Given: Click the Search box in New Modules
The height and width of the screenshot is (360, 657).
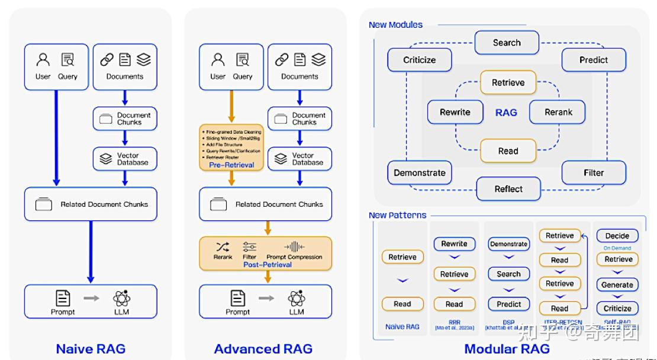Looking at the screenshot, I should tap(507, 43).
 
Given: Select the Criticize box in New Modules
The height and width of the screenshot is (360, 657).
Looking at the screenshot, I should tap(420, 60).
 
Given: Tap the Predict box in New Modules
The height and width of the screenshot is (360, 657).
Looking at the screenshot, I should tap(594, 60).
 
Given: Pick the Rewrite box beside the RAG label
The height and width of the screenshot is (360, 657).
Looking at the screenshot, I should tap(455, 112).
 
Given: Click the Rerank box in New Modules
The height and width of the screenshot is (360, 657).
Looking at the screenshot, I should tap(558, 112).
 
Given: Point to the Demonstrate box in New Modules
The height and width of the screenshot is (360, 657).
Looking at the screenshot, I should tap(420, 173).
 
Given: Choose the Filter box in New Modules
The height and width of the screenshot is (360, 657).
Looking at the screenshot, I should tap(594, 173).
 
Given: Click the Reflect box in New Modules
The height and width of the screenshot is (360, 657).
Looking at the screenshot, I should tap(508, 189).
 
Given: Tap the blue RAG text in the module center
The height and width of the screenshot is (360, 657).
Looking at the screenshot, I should tap(506, 112).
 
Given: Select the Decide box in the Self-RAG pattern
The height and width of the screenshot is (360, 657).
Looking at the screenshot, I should tap(617, 236).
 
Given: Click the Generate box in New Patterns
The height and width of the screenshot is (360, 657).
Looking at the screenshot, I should tap(617, 285).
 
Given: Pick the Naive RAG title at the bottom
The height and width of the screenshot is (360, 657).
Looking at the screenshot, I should tap(91, 349).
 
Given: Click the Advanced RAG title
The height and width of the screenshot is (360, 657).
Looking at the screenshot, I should tap(263, 349).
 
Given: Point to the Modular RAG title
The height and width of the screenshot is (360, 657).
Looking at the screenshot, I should tap(507, 349).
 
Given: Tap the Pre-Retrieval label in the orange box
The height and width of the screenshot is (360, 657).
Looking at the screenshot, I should tap(231, 165).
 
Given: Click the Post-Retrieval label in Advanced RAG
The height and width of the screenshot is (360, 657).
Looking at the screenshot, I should tap(268, 265).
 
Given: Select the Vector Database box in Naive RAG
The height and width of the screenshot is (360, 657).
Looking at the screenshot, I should tap(125, 159).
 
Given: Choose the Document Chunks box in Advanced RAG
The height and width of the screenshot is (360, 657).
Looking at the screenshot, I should tap(299, 118).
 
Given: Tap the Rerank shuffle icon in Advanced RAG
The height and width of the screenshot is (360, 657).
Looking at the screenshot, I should tap(223, 247).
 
